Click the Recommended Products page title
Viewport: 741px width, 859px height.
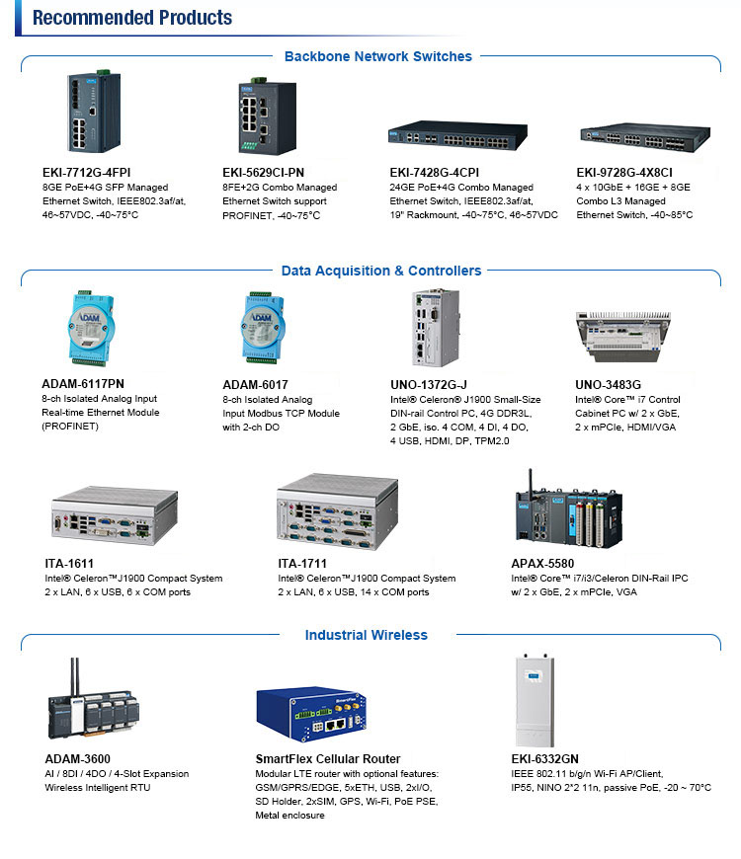tap(131, 18)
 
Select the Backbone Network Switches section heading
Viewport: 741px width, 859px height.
tap(377, 56)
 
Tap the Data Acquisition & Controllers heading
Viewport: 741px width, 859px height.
tap(380, 271)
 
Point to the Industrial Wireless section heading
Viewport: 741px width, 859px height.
tap(366, 635)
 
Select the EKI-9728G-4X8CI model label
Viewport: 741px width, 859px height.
tap(624, 172)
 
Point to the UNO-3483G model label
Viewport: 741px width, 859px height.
tap(608, 384)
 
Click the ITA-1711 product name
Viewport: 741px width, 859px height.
tap(302, 564)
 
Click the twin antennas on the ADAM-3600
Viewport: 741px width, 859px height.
tap(74, 673)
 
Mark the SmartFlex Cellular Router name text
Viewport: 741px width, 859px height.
tap(327, 759)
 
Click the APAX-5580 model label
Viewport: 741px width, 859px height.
tap(543, 564)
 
